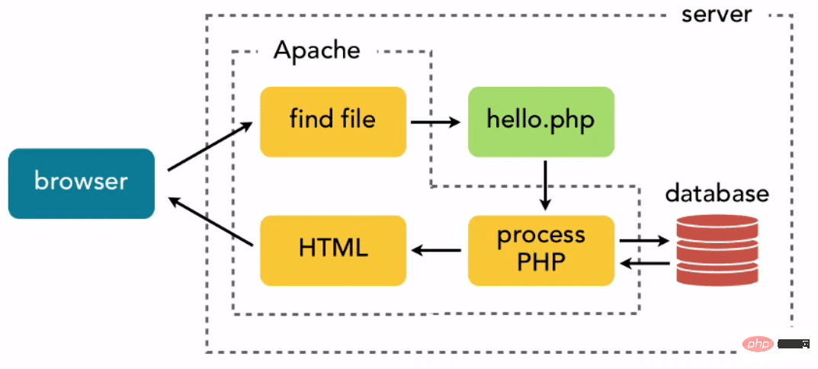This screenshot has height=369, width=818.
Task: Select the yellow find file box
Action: (332, 121)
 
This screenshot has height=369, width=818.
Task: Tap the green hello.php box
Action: (541, 121)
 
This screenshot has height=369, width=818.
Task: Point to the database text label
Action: (717, 194)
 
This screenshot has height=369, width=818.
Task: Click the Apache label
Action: (316, 51)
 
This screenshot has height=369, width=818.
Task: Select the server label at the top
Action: (717, 14)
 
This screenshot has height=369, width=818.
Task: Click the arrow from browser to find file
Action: (210, 146)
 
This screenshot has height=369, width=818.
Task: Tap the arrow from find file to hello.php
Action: (435, 121)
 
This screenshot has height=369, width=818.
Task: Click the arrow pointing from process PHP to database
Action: (644, 242)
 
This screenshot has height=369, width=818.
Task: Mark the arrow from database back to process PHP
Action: (644, 263)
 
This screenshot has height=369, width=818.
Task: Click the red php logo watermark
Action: (757, 345)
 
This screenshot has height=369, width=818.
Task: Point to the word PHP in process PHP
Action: (541, 262)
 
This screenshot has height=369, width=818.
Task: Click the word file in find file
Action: (357, 120)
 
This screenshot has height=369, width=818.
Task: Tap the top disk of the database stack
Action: (717, 222)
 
